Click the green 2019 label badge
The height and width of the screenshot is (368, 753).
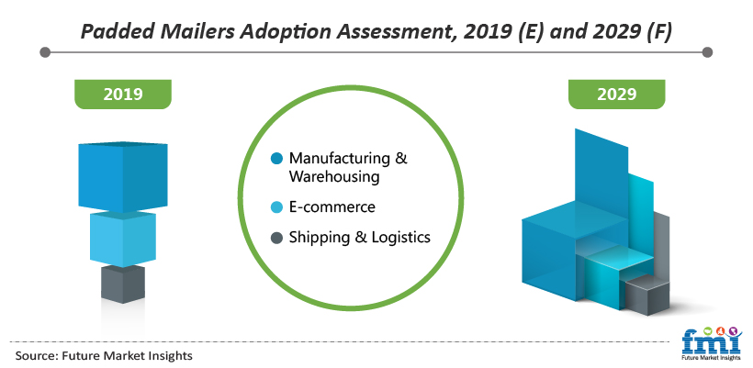[123, 94]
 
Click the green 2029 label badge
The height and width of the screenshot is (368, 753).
[616, 94]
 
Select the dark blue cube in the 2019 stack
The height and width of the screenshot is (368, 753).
[123, 176]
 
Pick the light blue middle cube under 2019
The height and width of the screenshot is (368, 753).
[123, 239]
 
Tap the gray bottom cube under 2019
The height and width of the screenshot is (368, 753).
[123, 284]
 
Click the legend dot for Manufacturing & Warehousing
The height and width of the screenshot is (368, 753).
[276, 159]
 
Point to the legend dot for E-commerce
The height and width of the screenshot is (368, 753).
[276, 207]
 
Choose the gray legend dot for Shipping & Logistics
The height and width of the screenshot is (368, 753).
[276, 237]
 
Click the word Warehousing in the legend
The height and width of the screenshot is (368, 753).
[334, 176]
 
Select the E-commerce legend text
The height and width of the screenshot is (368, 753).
[332, 207]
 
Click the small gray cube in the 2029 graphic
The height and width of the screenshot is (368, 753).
[646, 296]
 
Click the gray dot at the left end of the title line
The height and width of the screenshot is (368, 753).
[45, 51]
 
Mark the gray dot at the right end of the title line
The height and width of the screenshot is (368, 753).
[707, 51]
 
